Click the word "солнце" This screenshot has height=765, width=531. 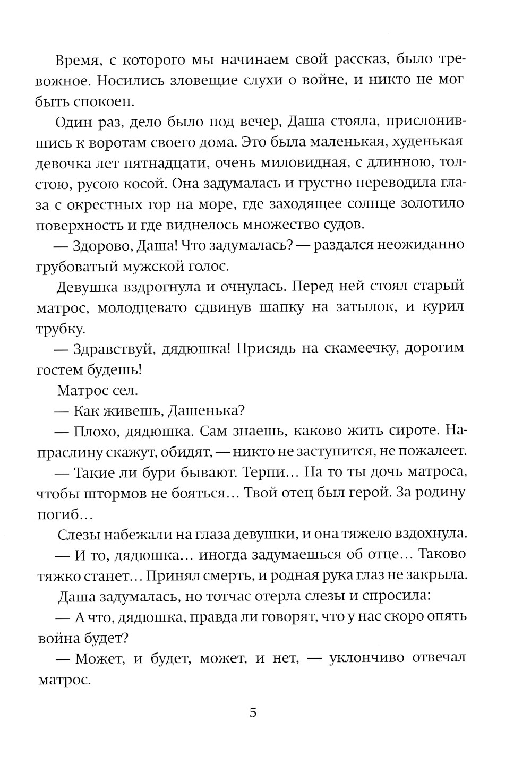coord(375,204)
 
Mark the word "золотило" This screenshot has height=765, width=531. coord(433,204)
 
